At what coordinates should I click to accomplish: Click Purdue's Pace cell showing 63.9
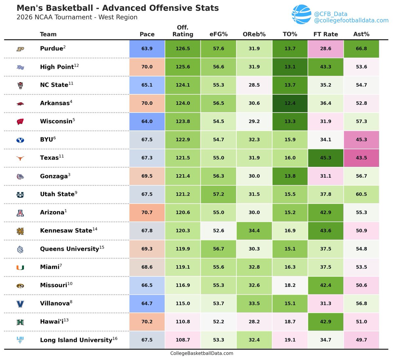click(x=147, y=49)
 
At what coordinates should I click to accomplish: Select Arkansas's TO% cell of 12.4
click(x=290, y=103)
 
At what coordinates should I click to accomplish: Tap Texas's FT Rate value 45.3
click(x=326, y=158)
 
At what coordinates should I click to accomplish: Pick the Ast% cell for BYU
click(x=361, y=140)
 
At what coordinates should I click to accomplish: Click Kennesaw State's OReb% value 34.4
click(x=254, y=230)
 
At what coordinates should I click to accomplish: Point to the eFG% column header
click(x=218, y=34)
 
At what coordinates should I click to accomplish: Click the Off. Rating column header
click(x=183, y=31)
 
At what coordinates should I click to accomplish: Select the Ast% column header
click(x=361, y=34)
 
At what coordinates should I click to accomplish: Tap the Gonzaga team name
click(x=54, y=176)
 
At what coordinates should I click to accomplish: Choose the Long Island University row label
click(x=76, y=340)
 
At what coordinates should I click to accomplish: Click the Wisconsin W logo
click(x=20, y=122)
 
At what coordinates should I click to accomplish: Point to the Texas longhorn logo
click(x=20, y=158)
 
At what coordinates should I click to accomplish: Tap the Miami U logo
click(x=20, y=268)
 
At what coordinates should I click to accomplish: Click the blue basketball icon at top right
click(x=301, y=15)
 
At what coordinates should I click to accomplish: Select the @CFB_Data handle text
click(x=330, y=14)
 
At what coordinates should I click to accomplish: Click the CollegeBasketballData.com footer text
click(x=202, y=353)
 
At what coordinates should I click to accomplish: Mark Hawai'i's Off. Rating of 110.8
click(x=183, y=322)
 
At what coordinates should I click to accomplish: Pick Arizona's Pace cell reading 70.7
click(x=147, y=212)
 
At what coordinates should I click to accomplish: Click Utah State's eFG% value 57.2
click(x=218, y=194)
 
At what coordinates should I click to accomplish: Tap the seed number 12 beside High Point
click(x=76, y=65)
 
